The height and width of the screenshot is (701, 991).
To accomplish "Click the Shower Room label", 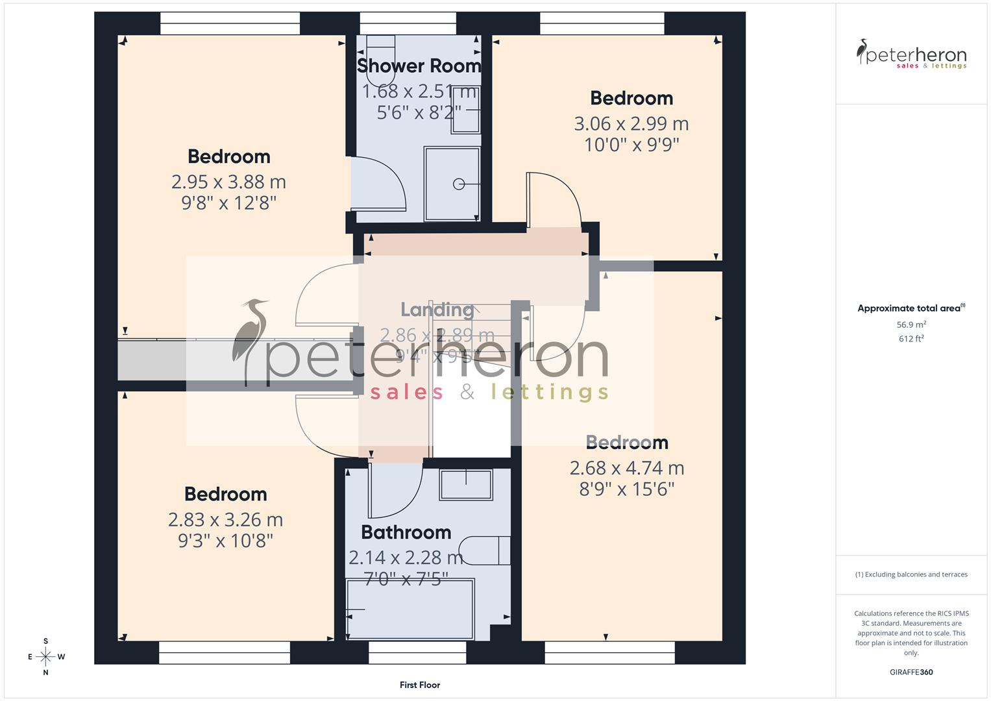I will (x=419, y=66).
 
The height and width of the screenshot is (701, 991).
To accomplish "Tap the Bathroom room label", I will (x=406, y=532).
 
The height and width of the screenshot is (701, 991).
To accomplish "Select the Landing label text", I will (x=437, y=310).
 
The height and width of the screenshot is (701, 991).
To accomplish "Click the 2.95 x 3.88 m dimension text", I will (x=228, y=182).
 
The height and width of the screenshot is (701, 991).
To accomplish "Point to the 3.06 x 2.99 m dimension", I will (x=631, y=123).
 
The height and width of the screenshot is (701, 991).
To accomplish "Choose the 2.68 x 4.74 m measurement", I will (x=627, y=467).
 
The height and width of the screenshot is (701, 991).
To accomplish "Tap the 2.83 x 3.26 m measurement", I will (x=225, y=519).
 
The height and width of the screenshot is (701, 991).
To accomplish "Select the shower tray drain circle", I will (x=459, y=184).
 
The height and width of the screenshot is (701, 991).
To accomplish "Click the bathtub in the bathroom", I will (x=410, y=609).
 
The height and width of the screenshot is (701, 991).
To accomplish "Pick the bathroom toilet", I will (x=485, y=550).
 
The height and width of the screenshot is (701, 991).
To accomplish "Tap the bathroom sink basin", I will (x=465, y=484).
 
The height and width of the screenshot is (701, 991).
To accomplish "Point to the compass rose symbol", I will (x=45, y=656).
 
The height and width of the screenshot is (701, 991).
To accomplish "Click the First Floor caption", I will (x=420, y=685).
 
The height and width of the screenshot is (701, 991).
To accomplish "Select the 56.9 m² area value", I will (x=911, y=325).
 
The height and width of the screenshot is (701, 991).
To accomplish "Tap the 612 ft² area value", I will (x=911, y=339).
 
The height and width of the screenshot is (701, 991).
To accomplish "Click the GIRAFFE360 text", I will (x=911, y=672).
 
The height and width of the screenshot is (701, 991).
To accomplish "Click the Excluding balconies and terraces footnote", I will (x=911, y=574).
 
